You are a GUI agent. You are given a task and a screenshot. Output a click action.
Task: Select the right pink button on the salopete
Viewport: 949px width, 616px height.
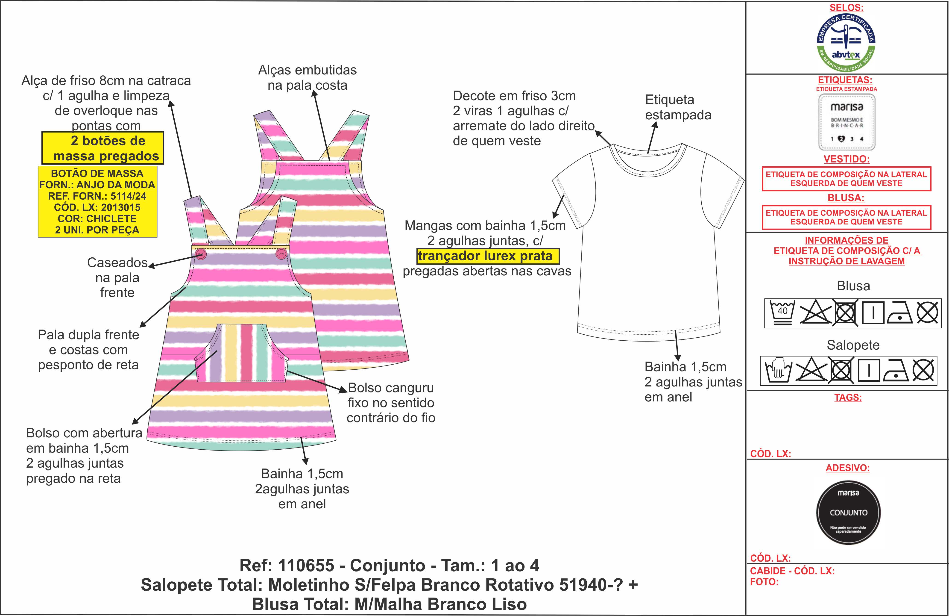click(x=281, y=253)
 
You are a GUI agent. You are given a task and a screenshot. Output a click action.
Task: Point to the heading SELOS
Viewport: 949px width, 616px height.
click(x=846, y=8)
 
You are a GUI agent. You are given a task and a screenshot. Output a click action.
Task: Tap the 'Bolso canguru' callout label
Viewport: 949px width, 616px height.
click(x=391, y=388)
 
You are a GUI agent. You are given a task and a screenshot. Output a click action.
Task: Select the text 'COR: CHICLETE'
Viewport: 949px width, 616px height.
click(x=97, y=219)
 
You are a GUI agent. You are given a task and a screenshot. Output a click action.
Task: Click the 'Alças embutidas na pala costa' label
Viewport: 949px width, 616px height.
click(x=308, y=77)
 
